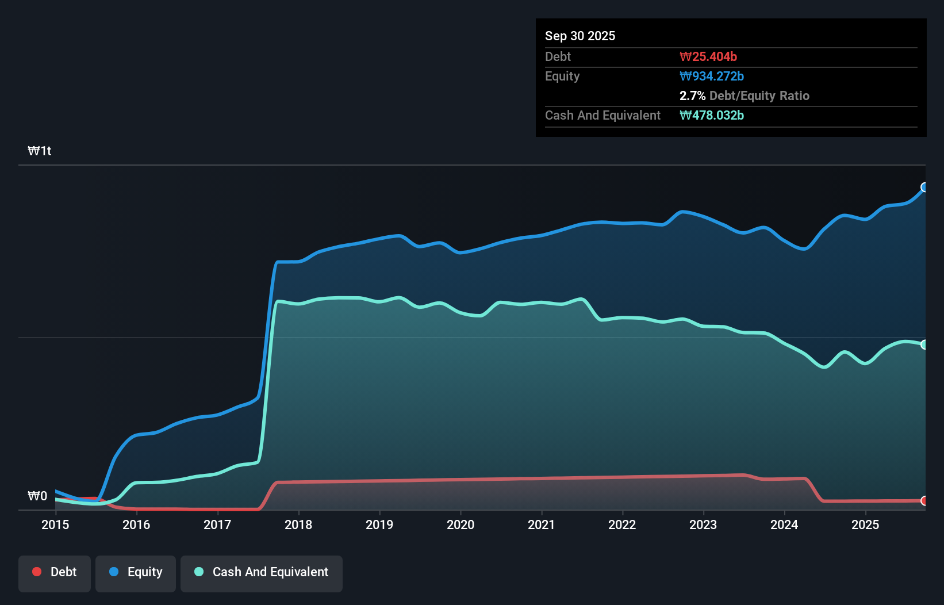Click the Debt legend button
55,573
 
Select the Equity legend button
136,573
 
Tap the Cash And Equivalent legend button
262,573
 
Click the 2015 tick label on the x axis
55,524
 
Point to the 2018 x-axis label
298,524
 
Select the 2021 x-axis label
542,524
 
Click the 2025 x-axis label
865,524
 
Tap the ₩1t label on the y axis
40,151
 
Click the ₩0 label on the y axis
37,496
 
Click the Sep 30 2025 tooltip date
580,36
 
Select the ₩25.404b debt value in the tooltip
708,56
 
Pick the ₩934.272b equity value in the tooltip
712,76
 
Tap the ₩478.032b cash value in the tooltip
712,115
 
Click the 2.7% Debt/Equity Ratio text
745,95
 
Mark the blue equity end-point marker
924,187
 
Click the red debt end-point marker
924,501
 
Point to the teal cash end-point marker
924,344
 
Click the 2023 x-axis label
703,524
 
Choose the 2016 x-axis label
136,524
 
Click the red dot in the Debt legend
37,572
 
